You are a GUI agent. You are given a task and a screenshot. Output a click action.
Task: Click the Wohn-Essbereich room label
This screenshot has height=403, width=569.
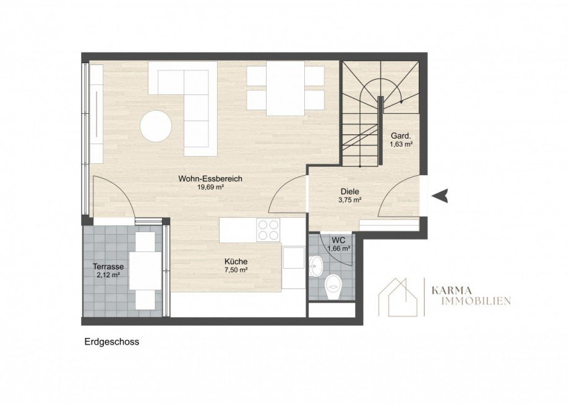[x=210, y=179]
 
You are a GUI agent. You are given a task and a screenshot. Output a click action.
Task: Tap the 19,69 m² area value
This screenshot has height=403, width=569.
[x=210, y=188]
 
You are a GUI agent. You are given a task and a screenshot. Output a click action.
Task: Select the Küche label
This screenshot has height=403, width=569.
[x=236, y=261]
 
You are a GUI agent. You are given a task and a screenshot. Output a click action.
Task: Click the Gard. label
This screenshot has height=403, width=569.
[x=401, y=136]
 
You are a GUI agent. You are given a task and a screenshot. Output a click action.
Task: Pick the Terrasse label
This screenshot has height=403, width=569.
[x=108, y=267]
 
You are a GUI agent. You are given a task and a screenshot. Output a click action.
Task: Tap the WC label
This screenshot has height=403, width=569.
[x=338, y=240]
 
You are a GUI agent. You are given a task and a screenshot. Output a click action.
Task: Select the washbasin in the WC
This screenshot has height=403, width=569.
[x=315, y=266]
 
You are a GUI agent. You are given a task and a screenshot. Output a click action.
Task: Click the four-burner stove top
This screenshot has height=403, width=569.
[x=268, y=230]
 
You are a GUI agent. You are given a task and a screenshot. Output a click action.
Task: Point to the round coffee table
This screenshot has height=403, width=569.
[x=156, y=126]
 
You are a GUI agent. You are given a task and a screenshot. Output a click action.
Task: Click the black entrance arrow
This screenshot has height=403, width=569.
[x=440, y=196]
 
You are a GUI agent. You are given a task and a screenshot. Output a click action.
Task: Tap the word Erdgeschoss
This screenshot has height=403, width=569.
[x=112, y=342]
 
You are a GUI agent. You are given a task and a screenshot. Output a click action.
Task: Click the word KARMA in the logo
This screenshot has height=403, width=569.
[x=451, y=290]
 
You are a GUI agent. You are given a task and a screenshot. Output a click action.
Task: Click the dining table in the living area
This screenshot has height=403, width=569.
[x=285, y=89]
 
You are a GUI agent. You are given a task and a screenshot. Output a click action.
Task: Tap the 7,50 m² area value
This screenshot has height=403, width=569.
[x=236, y=270]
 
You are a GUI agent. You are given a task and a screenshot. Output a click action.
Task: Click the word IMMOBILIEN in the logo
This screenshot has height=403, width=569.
[x=471, y=301]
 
